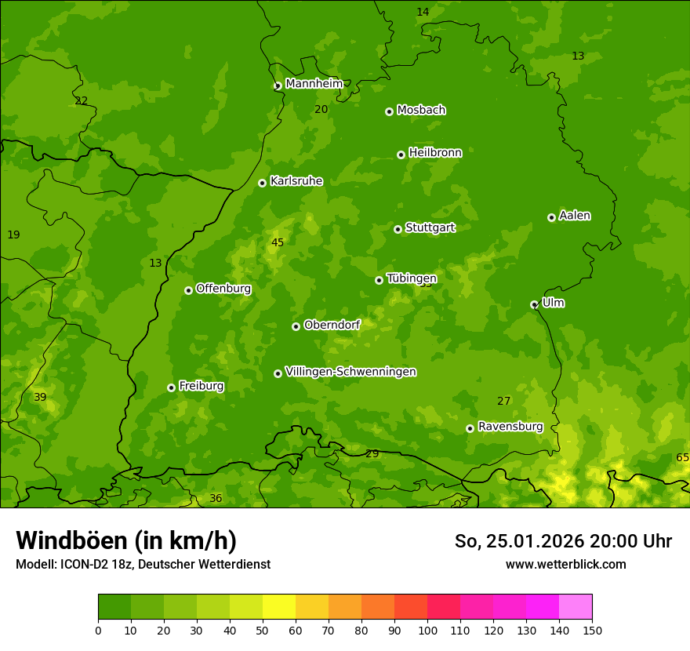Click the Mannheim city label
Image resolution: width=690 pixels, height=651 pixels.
tap(314, 84)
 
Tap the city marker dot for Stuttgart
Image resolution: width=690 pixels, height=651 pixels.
tap(398, 229)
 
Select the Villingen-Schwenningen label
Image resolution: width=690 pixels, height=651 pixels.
tap(350, 372)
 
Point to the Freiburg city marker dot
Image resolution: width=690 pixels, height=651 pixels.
tap(171, 387)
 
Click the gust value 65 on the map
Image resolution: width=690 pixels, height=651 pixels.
tap(682, 457)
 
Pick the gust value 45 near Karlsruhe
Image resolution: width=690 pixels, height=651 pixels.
tap(278, 242)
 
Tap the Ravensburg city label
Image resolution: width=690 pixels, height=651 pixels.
tap(510, 427)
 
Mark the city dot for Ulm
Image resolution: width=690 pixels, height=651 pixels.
tap(534, 304)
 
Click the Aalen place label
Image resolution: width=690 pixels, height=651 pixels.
tap(575, 216)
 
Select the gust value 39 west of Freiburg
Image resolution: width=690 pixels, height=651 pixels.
tap(40, 397)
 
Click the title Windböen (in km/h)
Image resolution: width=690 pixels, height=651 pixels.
tap(126, 540)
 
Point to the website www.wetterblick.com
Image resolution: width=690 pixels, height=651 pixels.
tap(565, 564)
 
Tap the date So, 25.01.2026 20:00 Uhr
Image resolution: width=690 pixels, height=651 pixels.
tap(563, 541)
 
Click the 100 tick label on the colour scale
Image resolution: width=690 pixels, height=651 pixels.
tap(427, 630)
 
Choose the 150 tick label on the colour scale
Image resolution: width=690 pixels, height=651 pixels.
tap(592, 630)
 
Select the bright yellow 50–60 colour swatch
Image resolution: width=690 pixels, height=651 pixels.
tap(279, 607)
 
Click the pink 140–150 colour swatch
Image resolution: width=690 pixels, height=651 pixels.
tap(576, 607)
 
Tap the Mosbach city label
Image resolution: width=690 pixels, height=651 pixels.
tap(421, 110)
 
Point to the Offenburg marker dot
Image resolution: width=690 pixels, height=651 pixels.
tap(188, 290)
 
